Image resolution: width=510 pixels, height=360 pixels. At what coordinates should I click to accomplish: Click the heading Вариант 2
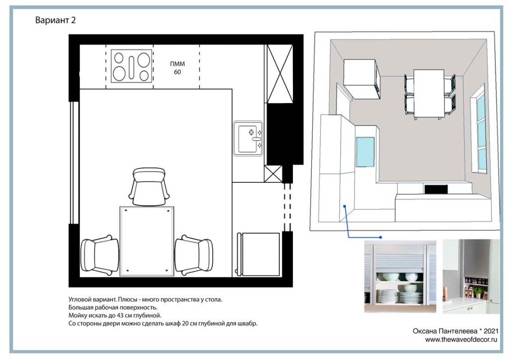[x=55, y=20]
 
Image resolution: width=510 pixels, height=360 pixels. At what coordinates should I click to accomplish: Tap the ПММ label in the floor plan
[x=177, y=64]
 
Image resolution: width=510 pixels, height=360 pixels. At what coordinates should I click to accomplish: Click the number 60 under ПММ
[x=177, y=72]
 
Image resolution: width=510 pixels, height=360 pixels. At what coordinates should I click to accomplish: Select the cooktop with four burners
[x=131, y=66]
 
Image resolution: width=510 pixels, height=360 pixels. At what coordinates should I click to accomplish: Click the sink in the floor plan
[x=248, y=138]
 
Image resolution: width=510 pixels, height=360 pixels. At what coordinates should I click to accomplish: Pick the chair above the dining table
[x=148, y=187]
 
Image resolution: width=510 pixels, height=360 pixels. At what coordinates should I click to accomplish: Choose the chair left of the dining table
[x=100, y=255]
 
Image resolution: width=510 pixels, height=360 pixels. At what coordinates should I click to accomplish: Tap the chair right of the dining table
[x=194, y=255]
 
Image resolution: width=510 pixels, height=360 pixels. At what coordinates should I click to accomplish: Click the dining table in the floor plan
[x=147, y=241]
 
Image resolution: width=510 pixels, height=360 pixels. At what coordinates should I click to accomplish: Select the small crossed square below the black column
[x=273, y=174]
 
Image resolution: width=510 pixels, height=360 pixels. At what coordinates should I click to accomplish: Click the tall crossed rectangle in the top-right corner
[x=280, y=74]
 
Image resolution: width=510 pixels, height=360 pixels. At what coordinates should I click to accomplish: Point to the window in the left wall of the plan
[x=75, y=163]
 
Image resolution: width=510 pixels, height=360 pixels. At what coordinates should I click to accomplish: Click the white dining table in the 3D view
[x=429, y=94]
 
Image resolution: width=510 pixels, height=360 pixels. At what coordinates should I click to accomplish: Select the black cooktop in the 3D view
[x=436, y=189]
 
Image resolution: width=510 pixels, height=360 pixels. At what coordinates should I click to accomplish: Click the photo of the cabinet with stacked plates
[x=400, y=277]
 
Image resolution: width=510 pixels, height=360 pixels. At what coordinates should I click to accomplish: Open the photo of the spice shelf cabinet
[x=471, y=277]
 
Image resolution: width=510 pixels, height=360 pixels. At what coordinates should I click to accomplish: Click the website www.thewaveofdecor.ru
[x=461, y=340]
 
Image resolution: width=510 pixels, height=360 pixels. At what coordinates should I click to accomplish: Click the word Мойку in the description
[x=77, y=316]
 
